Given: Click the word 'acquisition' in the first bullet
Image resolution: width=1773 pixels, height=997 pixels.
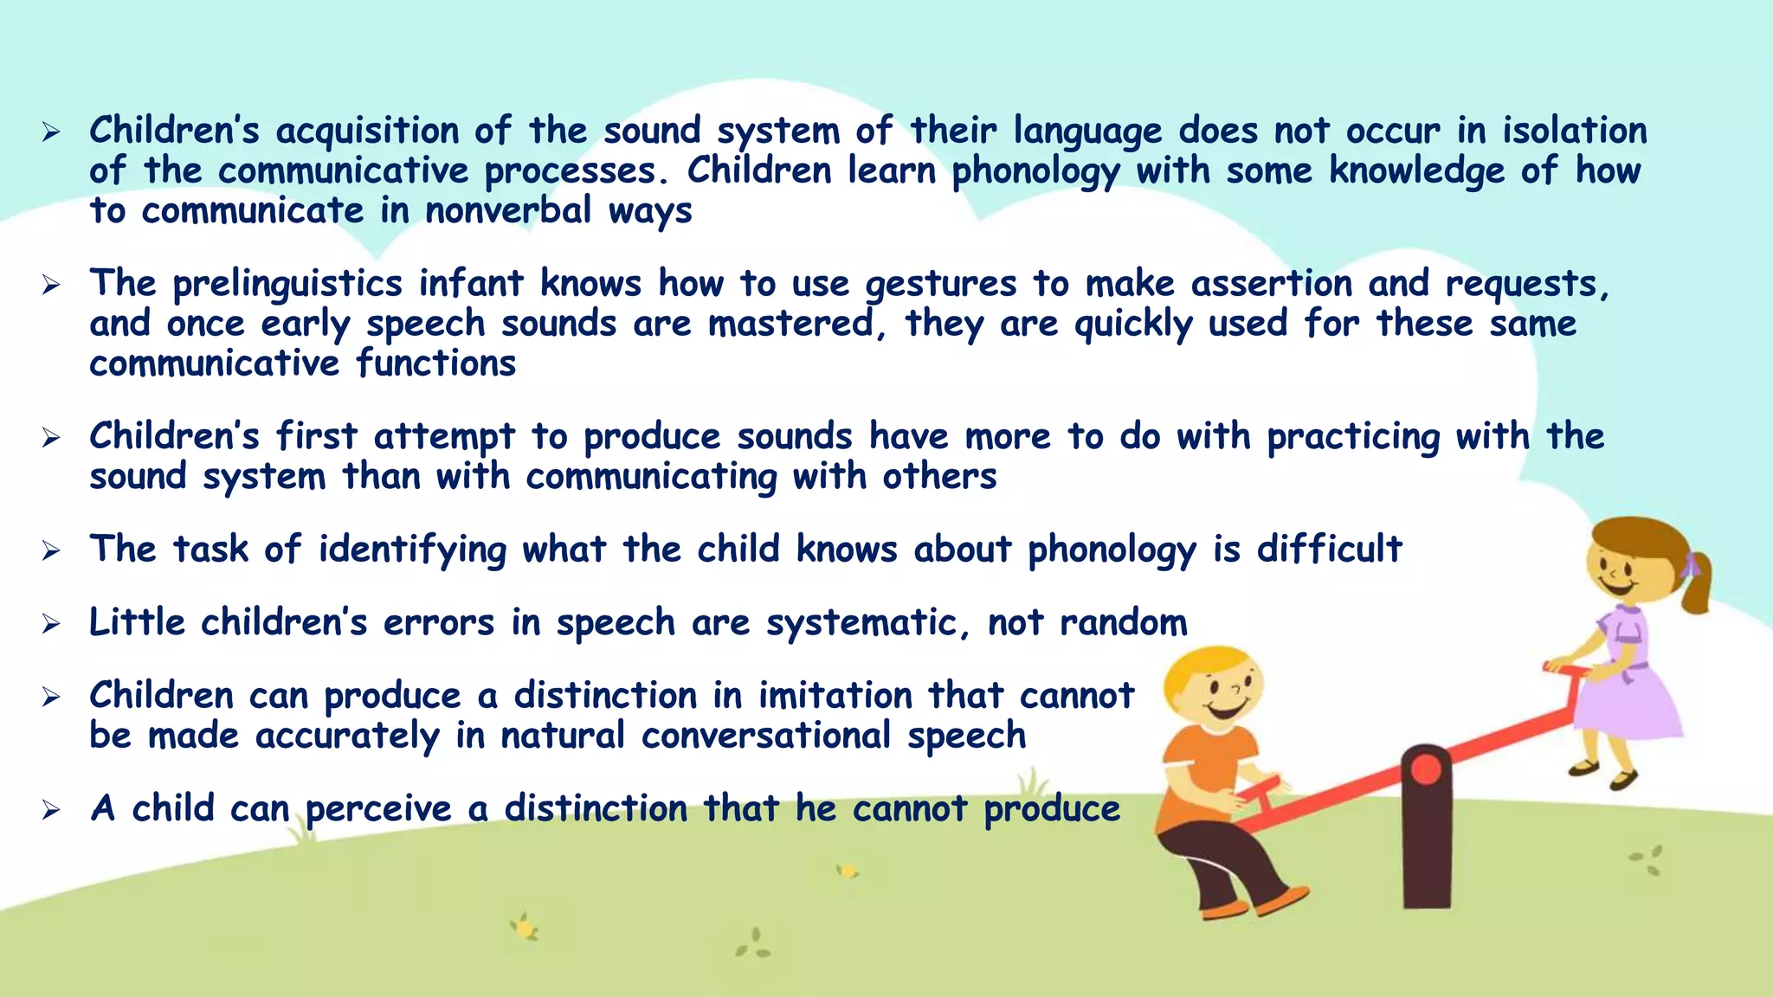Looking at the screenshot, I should pos(367,132).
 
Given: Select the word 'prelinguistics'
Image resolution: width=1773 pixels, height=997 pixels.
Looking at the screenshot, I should pos(287,285).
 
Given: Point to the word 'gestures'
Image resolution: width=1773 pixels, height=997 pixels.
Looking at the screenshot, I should pos(941,285).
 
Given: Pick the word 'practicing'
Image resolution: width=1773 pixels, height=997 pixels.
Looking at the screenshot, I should pos(1353,437).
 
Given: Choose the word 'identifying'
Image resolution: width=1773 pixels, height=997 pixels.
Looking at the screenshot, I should pos(412,550).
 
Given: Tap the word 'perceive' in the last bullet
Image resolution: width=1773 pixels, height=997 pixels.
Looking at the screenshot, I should pos(378,809).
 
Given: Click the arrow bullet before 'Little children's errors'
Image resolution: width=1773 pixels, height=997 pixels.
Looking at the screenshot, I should pos(51,624).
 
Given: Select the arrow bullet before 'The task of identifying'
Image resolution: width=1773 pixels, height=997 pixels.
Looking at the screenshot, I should pos(51,550).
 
